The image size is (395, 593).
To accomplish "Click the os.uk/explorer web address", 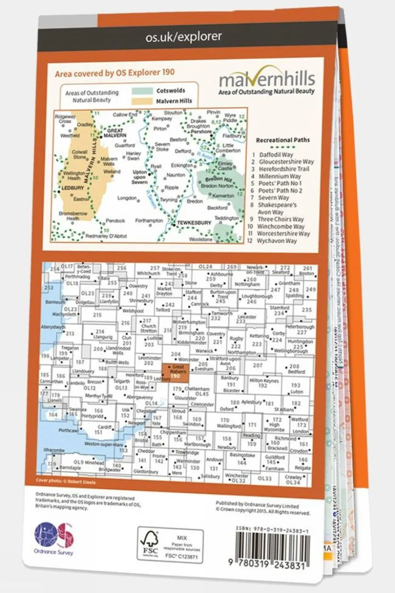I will (184, 37).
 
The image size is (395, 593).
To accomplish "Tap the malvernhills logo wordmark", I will (266, 78).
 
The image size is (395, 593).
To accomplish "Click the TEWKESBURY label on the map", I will (194, 223).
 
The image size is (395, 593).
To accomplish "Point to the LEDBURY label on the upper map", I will (72, 188).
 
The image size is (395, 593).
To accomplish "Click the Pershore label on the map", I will (201, 132).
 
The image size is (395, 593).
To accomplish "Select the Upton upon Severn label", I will (140, 177).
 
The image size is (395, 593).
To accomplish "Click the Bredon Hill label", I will (218, 179).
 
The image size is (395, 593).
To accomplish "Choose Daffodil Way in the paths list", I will (276, 155).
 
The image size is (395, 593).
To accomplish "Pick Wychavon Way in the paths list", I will (276, 241).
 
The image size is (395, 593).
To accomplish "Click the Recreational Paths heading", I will (283, 140).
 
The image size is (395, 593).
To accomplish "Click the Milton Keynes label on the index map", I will (264, 381).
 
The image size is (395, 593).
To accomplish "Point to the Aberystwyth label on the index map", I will (53, 327).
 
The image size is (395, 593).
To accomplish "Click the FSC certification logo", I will (150, 543).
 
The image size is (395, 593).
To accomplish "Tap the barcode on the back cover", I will (272, 546).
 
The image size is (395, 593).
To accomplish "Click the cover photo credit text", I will (65, 481).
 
